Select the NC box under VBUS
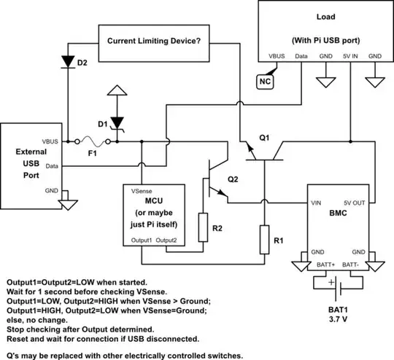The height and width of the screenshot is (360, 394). pyautogui.click(x=265, y=82)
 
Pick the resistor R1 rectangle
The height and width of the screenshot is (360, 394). pyautogui.click(x=263, y=238)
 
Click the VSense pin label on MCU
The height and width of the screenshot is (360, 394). pyautogui.click(x=142, y=191)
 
